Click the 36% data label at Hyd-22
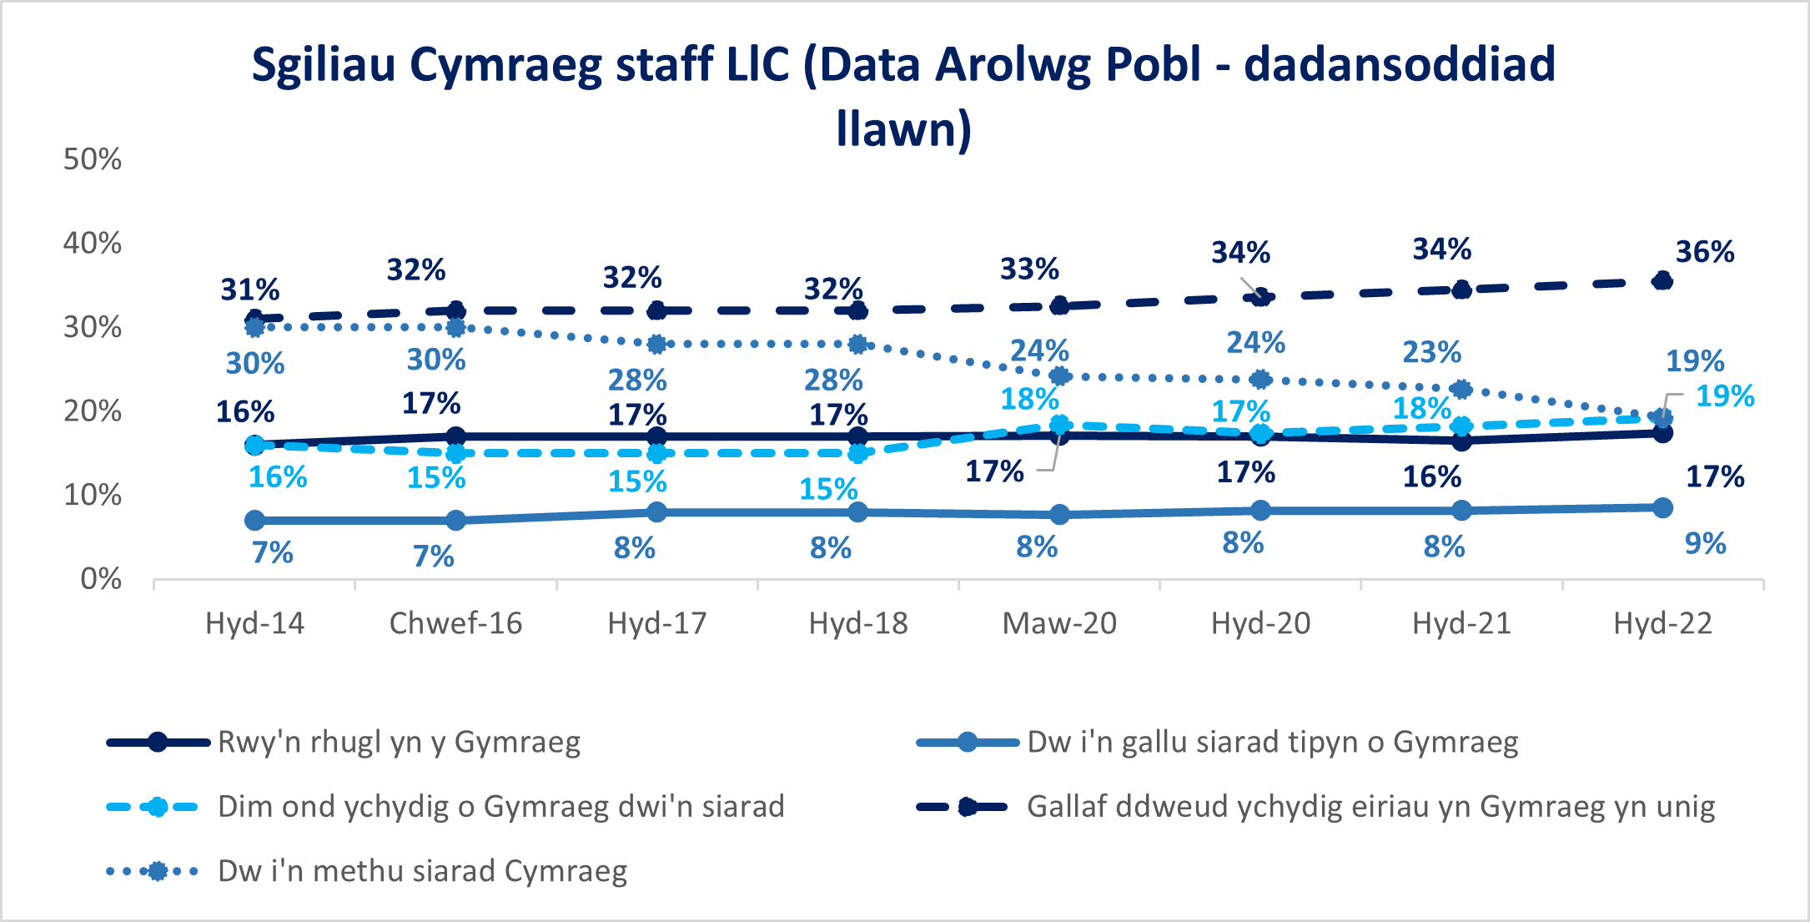[1704, 252]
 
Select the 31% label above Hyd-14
[249, 290]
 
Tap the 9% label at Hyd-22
[1705, 544]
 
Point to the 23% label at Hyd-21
[1431, 352]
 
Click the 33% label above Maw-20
[1029, 270]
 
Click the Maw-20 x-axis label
[1058, 623]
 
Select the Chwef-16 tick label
[455, 623]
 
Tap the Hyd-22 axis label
[1662, 623]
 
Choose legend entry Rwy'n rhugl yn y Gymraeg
[399, 742]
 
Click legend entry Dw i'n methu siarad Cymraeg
[422, 871]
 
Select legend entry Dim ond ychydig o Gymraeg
[500, 807]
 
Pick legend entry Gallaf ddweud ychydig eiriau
[1370, 807]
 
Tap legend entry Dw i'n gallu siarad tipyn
[1272, 742]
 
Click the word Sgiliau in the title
[324, 65]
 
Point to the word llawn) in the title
[904, 129]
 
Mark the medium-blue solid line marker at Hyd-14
[255, 521]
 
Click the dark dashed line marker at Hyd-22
[1662, 281]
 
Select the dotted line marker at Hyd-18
[857, 345]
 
